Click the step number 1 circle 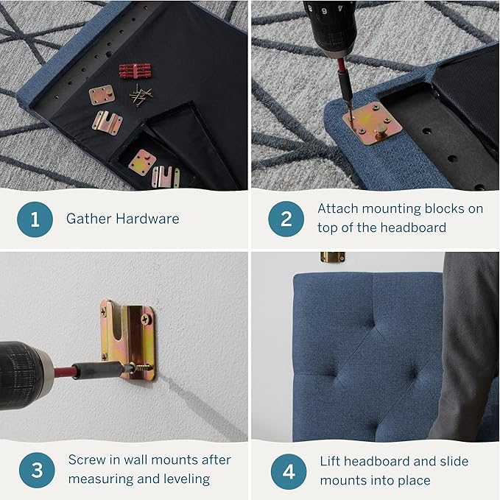pyautogui.click(x=35, y=219)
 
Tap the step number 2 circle pyautogui.click(x=286, y=219)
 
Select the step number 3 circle pyautogui.click(x=35, y=470)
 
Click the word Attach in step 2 pyautogui.click(x=337, y=208)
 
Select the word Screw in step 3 pyautogui.click(x=86, y=460)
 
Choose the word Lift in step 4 pyautogui.click(x=331, y=461)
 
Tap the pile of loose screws pyautogui.click(x=141, y=94)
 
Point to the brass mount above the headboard pyautogui.click(x=332, y=258)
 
